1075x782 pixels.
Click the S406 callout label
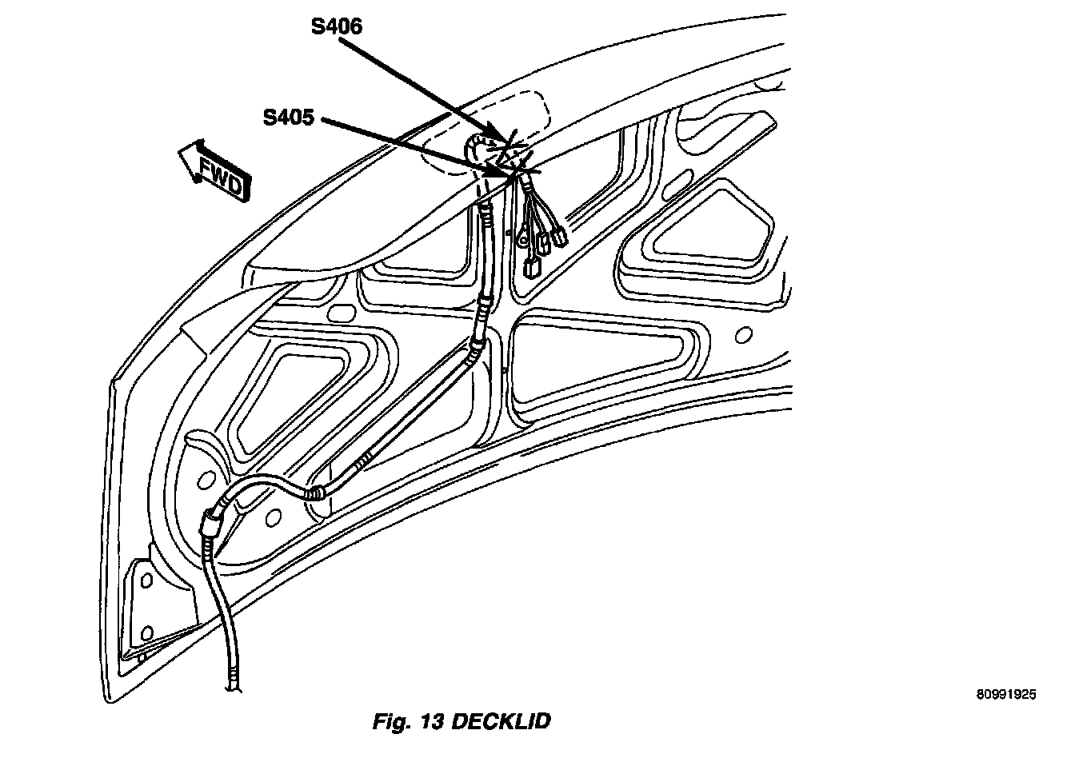coord(337,27)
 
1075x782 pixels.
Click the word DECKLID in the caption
coord(502,722)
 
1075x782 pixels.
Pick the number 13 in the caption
coord(432,722)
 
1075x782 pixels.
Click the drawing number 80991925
coord(1005,695)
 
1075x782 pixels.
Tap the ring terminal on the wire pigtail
coord(522,237)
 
